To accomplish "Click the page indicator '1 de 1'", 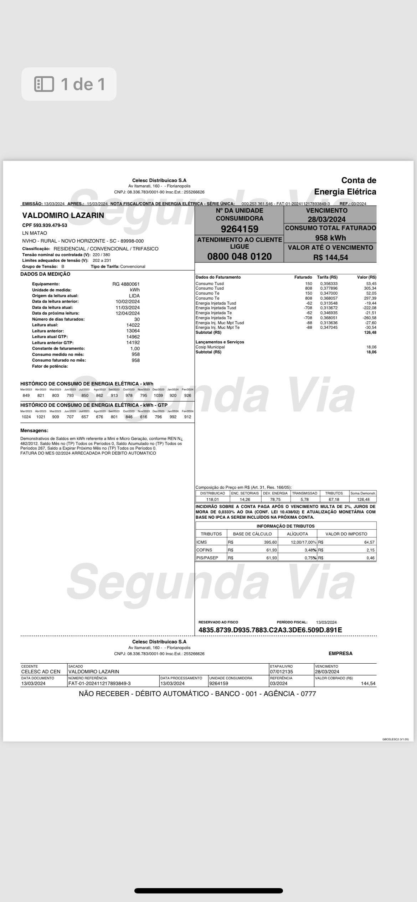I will (69, 84).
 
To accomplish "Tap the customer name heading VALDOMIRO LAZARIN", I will (63, 215).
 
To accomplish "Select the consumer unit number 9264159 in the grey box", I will (239, 229).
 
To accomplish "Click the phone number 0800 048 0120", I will (239, 256).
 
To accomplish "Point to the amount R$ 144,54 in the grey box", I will (330, 257).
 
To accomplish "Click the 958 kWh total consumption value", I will (330, 238).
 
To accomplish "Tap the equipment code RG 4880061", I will (126, 284).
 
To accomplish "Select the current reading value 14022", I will (133, 325).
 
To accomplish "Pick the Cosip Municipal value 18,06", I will (371, 347).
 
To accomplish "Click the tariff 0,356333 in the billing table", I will (329, 284).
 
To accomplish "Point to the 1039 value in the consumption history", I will (158, 395).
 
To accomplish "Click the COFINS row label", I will (204, 550).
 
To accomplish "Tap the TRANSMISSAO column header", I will (304, 493).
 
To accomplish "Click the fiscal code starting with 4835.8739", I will (270, 630).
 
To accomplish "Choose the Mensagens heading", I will (34, 430).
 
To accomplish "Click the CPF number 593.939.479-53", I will (45, 225).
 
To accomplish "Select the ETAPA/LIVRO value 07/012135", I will (282, 672).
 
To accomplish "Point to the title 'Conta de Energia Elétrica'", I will (345, 186).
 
